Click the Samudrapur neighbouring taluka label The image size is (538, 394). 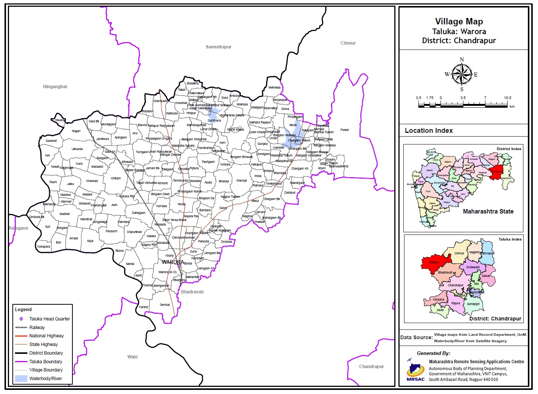[x=218, y=47]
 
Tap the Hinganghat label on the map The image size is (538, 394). [x=55, y=87]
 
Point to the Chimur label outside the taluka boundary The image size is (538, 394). [x=348, y=43]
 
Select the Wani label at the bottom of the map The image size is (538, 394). [x=132, y=357]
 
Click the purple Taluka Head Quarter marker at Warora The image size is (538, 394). [x=179, y=266]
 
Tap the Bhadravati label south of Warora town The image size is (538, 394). [x=192, y=292]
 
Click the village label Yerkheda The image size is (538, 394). [x=274, y=87]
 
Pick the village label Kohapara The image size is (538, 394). [x=44, y=247]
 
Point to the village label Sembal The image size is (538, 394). [x=165, y=305]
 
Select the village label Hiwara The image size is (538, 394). [x=60, y=120]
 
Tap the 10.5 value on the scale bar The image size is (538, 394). [x=507, y=98]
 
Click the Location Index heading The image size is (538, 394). [x=428, y=131]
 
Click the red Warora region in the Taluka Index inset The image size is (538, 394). [x=435, y=262]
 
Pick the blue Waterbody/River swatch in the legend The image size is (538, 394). [x=21, y=379]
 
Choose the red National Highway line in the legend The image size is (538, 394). [x=21, y=336]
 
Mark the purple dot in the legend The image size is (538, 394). [x=21, y=319]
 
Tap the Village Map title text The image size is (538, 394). [x=459, y=22]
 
